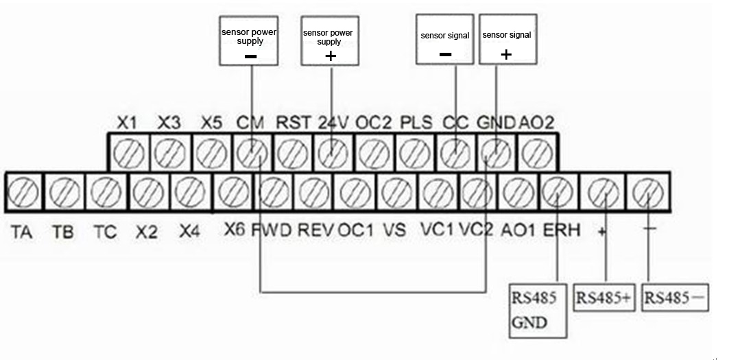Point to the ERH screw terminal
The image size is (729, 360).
558,191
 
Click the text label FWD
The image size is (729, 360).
272,230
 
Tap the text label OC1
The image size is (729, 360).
355,230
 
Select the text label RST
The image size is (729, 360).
294,123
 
